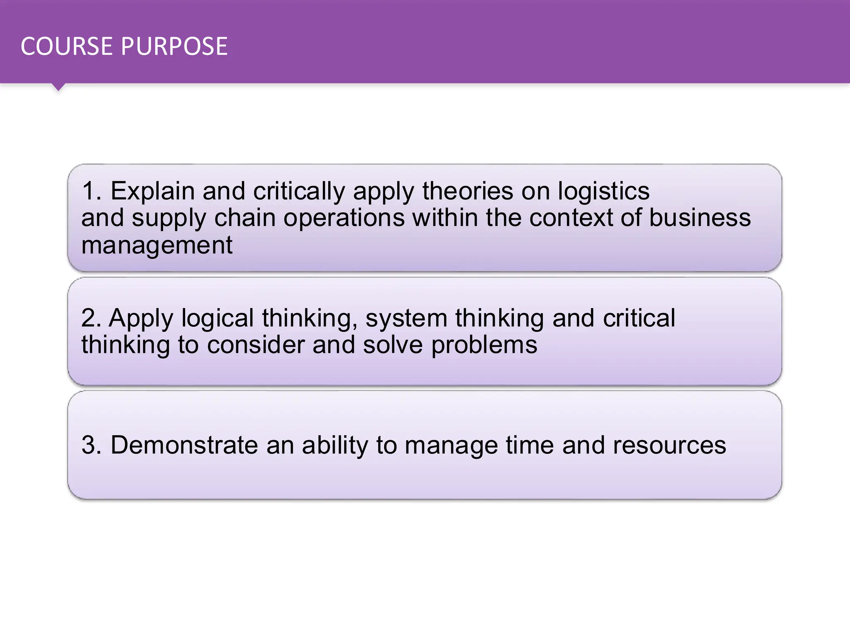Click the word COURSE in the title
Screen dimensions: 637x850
click(66, 46)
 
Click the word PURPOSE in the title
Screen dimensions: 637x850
click(174, 46)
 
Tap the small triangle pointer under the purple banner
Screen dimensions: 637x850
click(59, 87)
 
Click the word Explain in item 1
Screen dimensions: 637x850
click(152, 192)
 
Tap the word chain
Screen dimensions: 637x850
click(245, 218)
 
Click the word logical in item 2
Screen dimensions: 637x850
click(217, 319)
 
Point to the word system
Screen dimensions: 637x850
click(406, 319)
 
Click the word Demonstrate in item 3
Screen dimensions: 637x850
click(185, 445)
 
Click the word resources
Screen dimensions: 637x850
click(669, 446)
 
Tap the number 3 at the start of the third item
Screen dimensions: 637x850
click(89, 445)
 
